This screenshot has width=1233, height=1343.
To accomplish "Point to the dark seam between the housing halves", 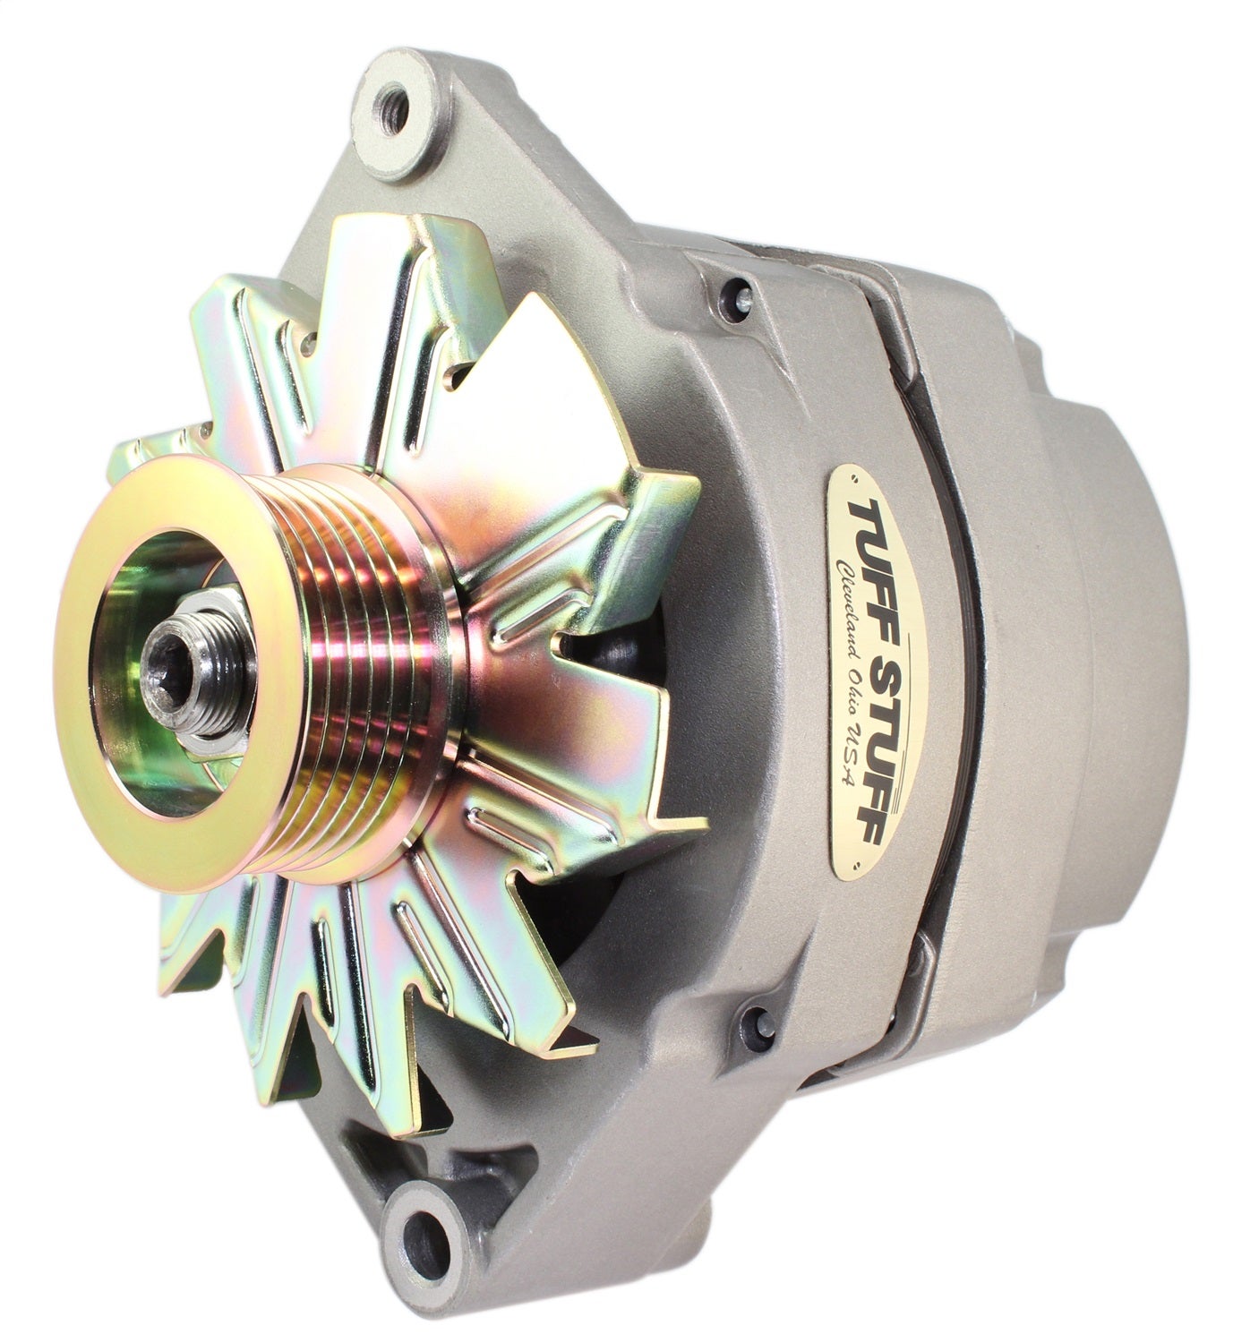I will (x=922, y=627).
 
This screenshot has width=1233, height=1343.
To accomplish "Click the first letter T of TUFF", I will (x=881, y=507).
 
